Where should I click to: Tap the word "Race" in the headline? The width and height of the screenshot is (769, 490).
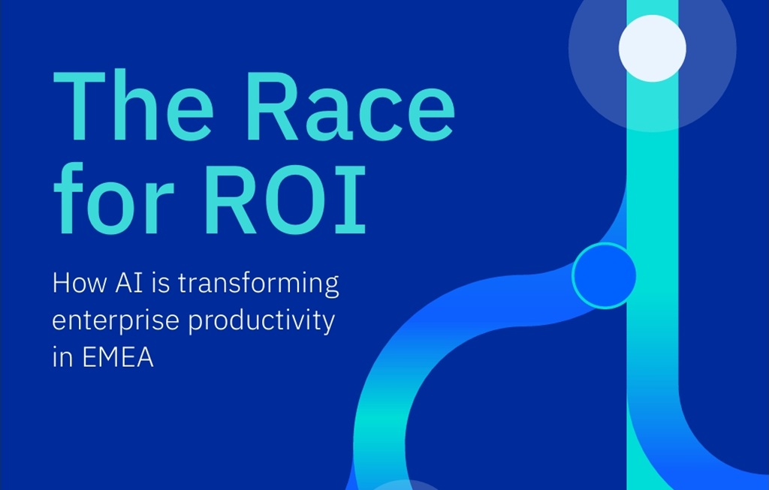tap(351, 106)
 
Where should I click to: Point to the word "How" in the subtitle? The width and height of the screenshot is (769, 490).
tap(79, 283)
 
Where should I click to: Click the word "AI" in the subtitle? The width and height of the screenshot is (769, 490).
tap(129, 283)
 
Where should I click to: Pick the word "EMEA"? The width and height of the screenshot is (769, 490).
tap(118, 357)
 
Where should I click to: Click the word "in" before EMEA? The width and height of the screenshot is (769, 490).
tap(63, 356)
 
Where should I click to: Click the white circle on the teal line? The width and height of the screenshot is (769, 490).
tap(653, 48)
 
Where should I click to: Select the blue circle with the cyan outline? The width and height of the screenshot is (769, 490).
tap(605, 275)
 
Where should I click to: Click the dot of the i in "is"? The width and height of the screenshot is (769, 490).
tap(154, 275)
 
